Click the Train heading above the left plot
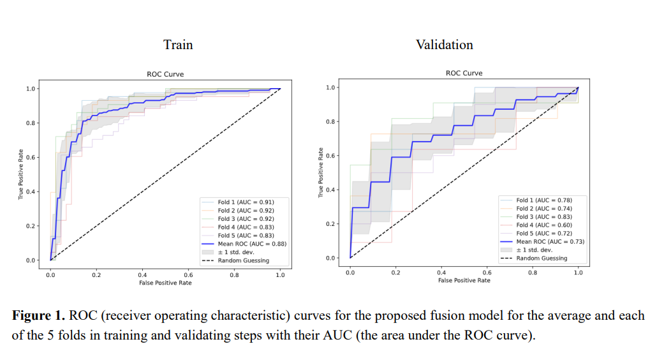[178, 45]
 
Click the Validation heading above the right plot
[445, 45]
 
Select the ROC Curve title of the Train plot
[165, 75]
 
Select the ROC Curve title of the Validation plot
[464, 73]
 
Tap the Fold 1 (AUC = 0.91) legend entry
[246, 202]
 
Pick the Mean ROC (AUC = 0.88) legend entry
[252, 243]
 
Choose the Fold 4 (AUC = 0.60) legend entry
[544, 225]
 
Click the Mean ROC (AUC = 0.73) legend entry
[550, 241]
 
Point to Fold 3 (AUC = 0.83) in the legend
[544, 216]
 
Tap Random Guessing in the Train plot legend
[243, 260]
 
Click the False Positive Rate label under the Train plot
[165, 283]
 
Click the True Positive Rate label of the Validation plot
[320, 173]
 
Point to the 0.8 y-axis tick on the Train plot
[31, 123]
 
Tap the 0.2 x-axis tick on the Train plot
[96, 274]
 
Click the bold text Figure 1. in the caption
[39, 316]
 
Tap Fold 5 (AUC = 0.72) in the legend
[544, 233]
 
